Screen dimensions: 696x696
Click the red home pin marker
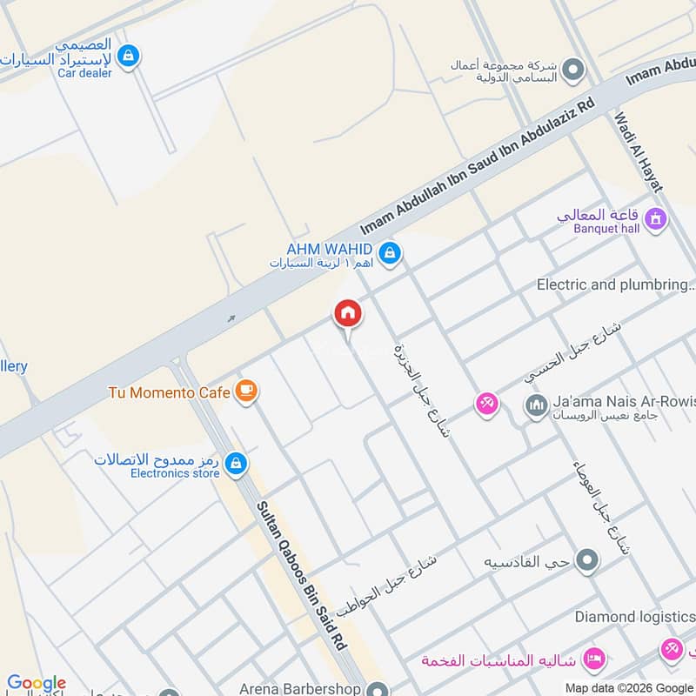point(347,314)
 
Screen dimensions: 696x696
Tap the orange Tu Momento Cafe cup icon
point(246,391)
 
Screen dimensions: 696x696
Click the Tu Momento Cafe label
point(169,392)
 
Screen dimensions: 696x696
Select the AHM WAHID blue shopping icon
point(390,253)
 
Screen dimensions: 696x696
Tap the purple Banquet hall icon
point(656,218)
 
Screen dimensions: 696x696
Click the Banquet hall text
point(606,228)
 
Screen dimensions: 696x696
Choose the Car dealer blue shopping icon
point(128,57)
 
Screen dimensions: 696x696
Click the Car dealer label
point(84,73)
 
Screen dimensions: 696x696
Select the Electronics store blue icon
point(235,465)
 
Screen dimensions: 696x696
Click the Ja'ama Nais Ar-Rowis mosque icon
point(535,405)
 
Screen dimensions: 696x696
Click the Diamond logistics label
point(634,617)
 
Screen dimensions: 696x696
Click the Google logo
point(37,683)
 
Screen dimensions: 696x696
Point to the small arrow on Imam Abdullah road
point(231,318)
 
